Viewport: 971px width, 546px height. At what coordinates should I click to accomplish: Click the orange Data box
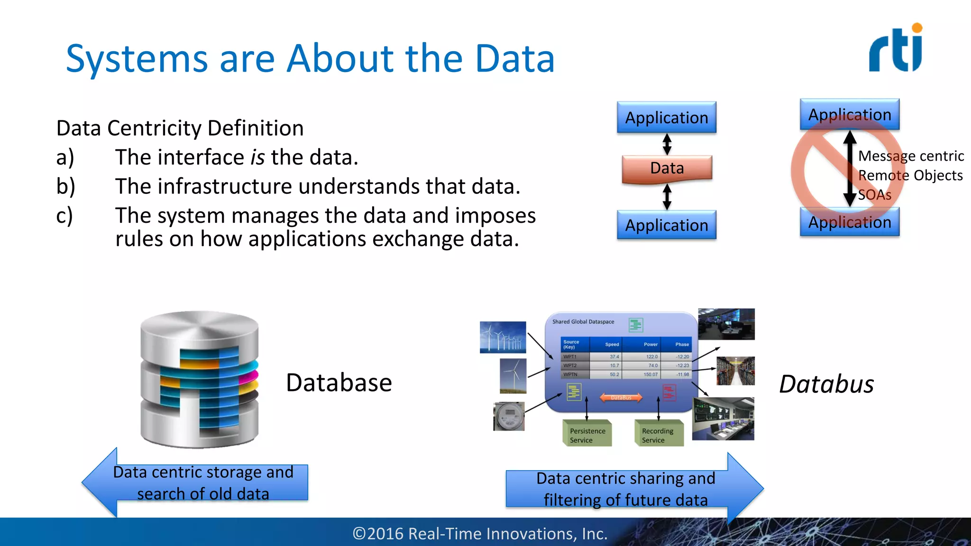[667, 168]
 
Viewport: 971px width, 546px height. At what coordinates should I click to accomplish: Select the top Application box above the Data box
[666, 118]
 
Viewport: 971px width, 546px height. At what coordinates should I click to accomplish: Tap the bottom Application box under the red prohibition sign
[849, 222]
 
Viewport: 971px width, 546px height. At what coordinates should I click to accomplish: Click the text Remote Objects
[910, 175]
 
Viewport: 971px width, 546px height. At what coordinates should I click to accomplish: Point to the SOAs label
[874, 195]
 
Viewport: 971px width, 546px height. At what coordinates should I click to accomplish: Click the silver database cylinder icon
[200, 379]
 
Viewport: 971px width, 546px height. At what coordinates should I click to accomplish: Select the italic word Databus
[826, 384]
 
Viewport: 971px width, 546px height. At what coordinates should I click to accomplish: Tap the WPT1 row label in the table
[570, 356]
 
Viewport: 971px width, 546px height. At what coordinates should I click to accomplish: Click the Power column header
[650, 345]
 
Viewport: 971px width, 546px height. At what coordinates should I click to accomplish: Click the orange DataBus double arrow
[621, 398]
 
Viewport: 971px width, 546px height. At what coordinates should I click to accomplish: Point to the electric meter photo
[509, 416]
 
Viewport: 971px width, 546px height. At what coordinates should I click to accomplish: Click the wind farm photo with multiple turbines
[503, 337]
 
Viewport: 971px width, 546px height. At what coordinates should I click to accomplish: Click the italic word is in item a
[257, 157]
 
